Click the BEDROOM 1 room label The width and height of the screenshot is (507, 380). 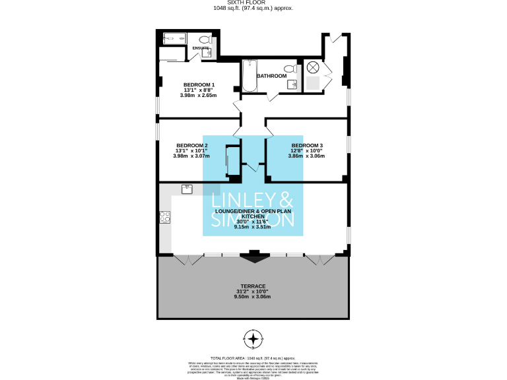[x=199, y=84]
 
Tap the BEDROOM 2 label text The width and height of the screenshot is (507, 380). [x=192, y=145]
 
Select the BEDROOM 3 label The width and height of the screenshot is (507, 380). [x=307, y=145]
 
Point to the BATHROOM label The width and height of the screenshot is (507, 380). [x=272, y=76]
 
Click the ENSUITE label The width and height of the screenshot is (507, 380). [x=201, y=48]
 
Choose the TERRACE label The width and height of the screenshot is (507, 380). [x=253, y=286]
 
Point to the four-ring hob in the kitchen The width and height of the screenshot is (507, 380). [x=164, y=217]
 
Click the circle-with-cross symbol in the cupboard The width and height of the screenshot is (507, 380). [x=313, y=67]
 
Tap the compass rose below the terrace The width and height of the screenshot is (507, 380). [x=253, y=338]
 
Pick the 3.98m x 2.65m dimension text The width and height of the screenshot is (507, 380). [x=199, y=96]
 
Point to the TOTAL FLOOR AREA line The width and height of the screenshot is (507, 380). [x=253, y=356]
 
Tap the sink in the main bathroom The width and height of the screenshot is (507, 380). [x=294, y=84]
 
